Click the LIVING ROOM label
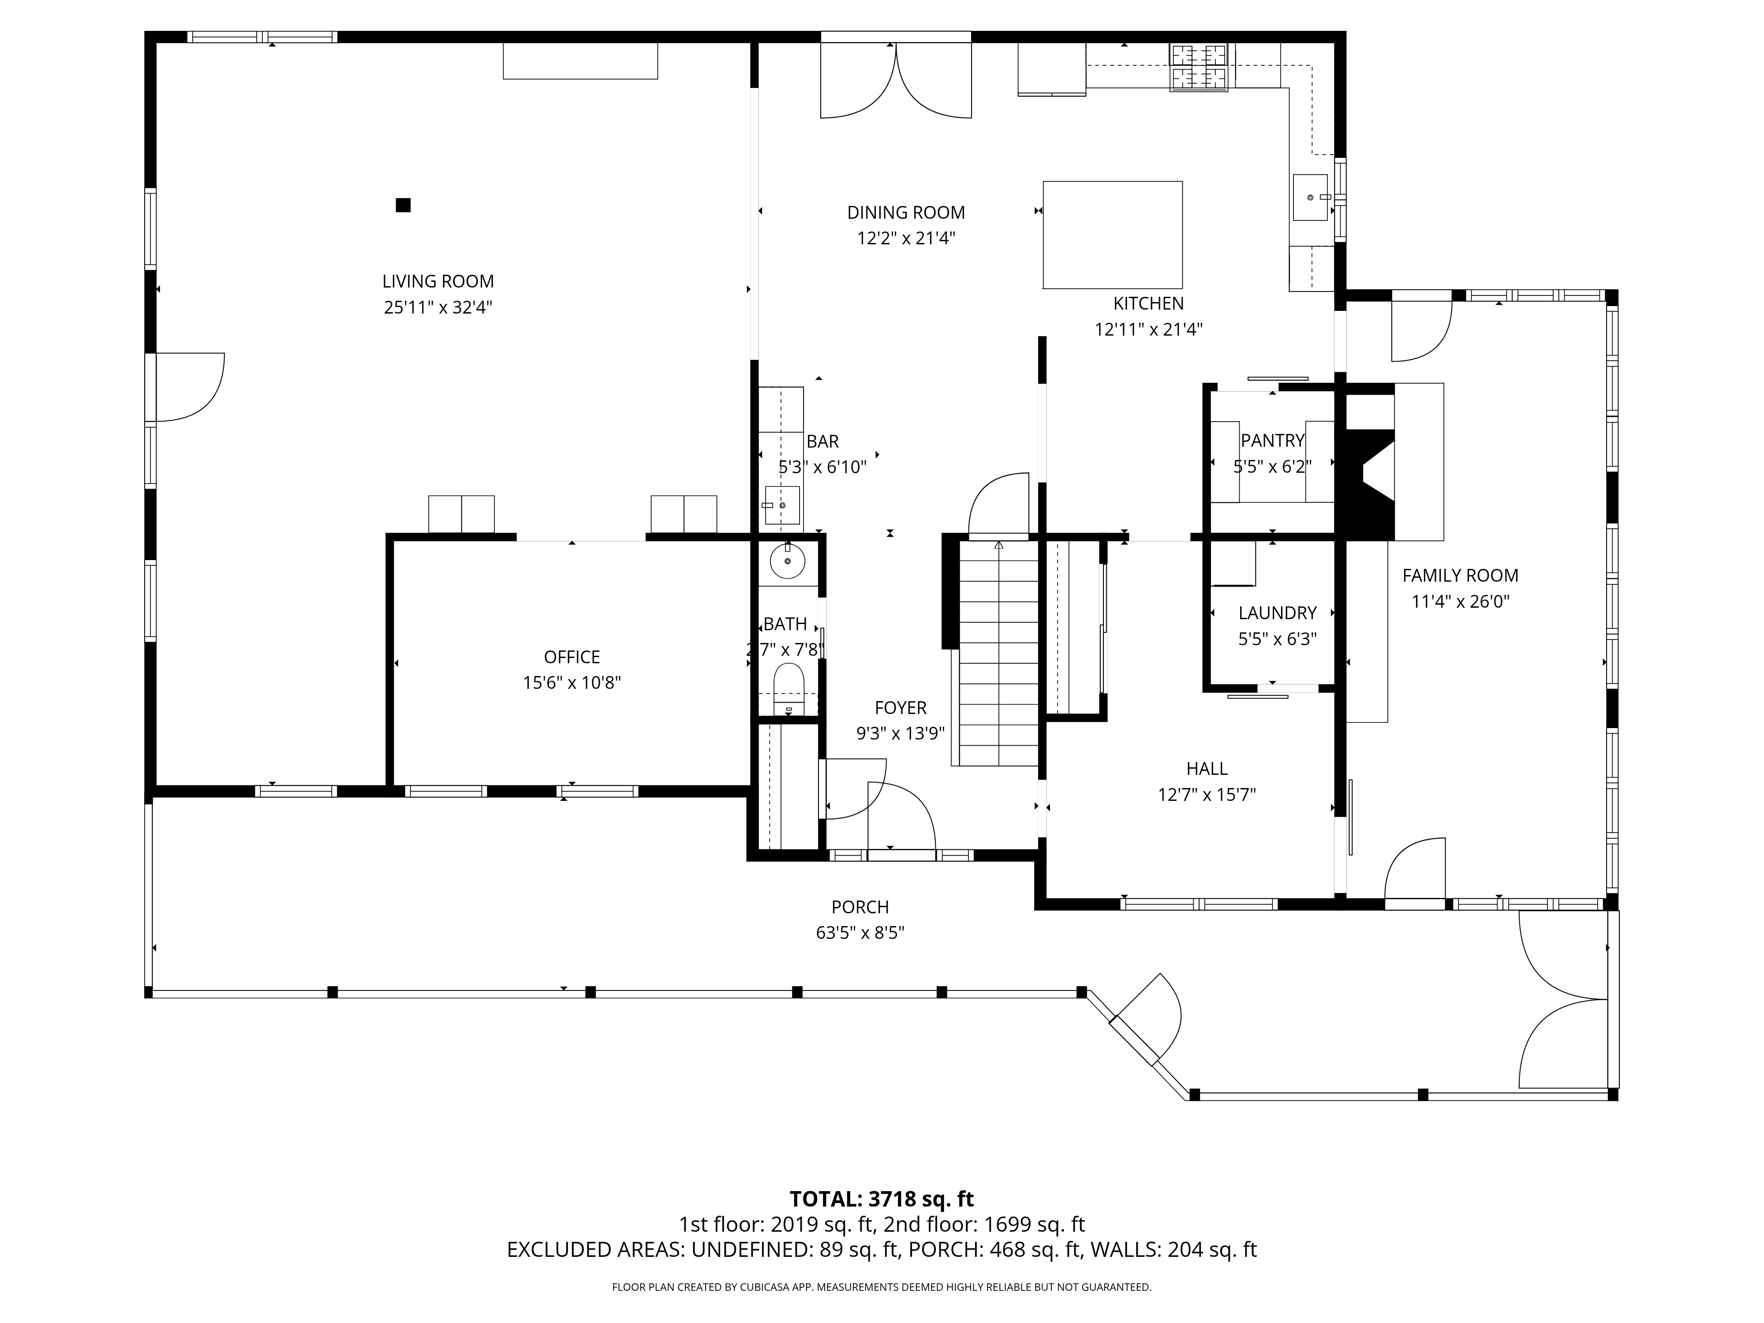pyautogui.click(x=438, y=281)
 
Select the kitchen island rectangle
pyautogui.click(x=1113, y=235)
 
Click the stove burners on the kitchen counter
pyautogui.click(x=1199, y=66)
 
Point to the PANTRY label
pyautogui.click(x=1273, y=440)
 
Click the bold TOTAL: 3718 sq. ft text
pyautogui.click(x=881, y=1200)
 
